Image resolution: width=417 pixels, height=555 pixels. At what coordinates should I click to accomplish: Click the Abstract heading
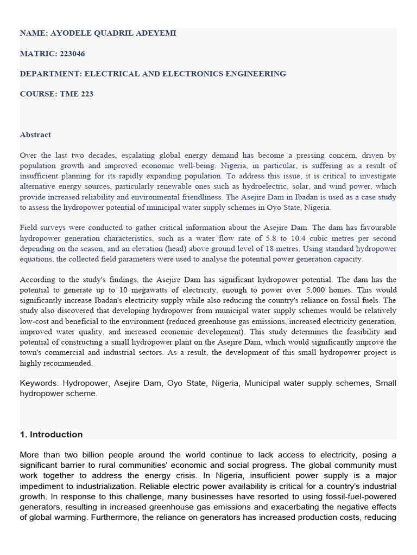click(x=35, y=134)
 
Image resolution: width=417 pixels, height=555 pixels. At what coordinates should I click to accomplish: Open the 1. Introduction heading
click(x=51, y=434)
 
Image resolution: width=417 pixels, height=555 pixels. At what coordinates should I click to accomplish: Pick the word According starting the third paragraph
click(x=38, y=280)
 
